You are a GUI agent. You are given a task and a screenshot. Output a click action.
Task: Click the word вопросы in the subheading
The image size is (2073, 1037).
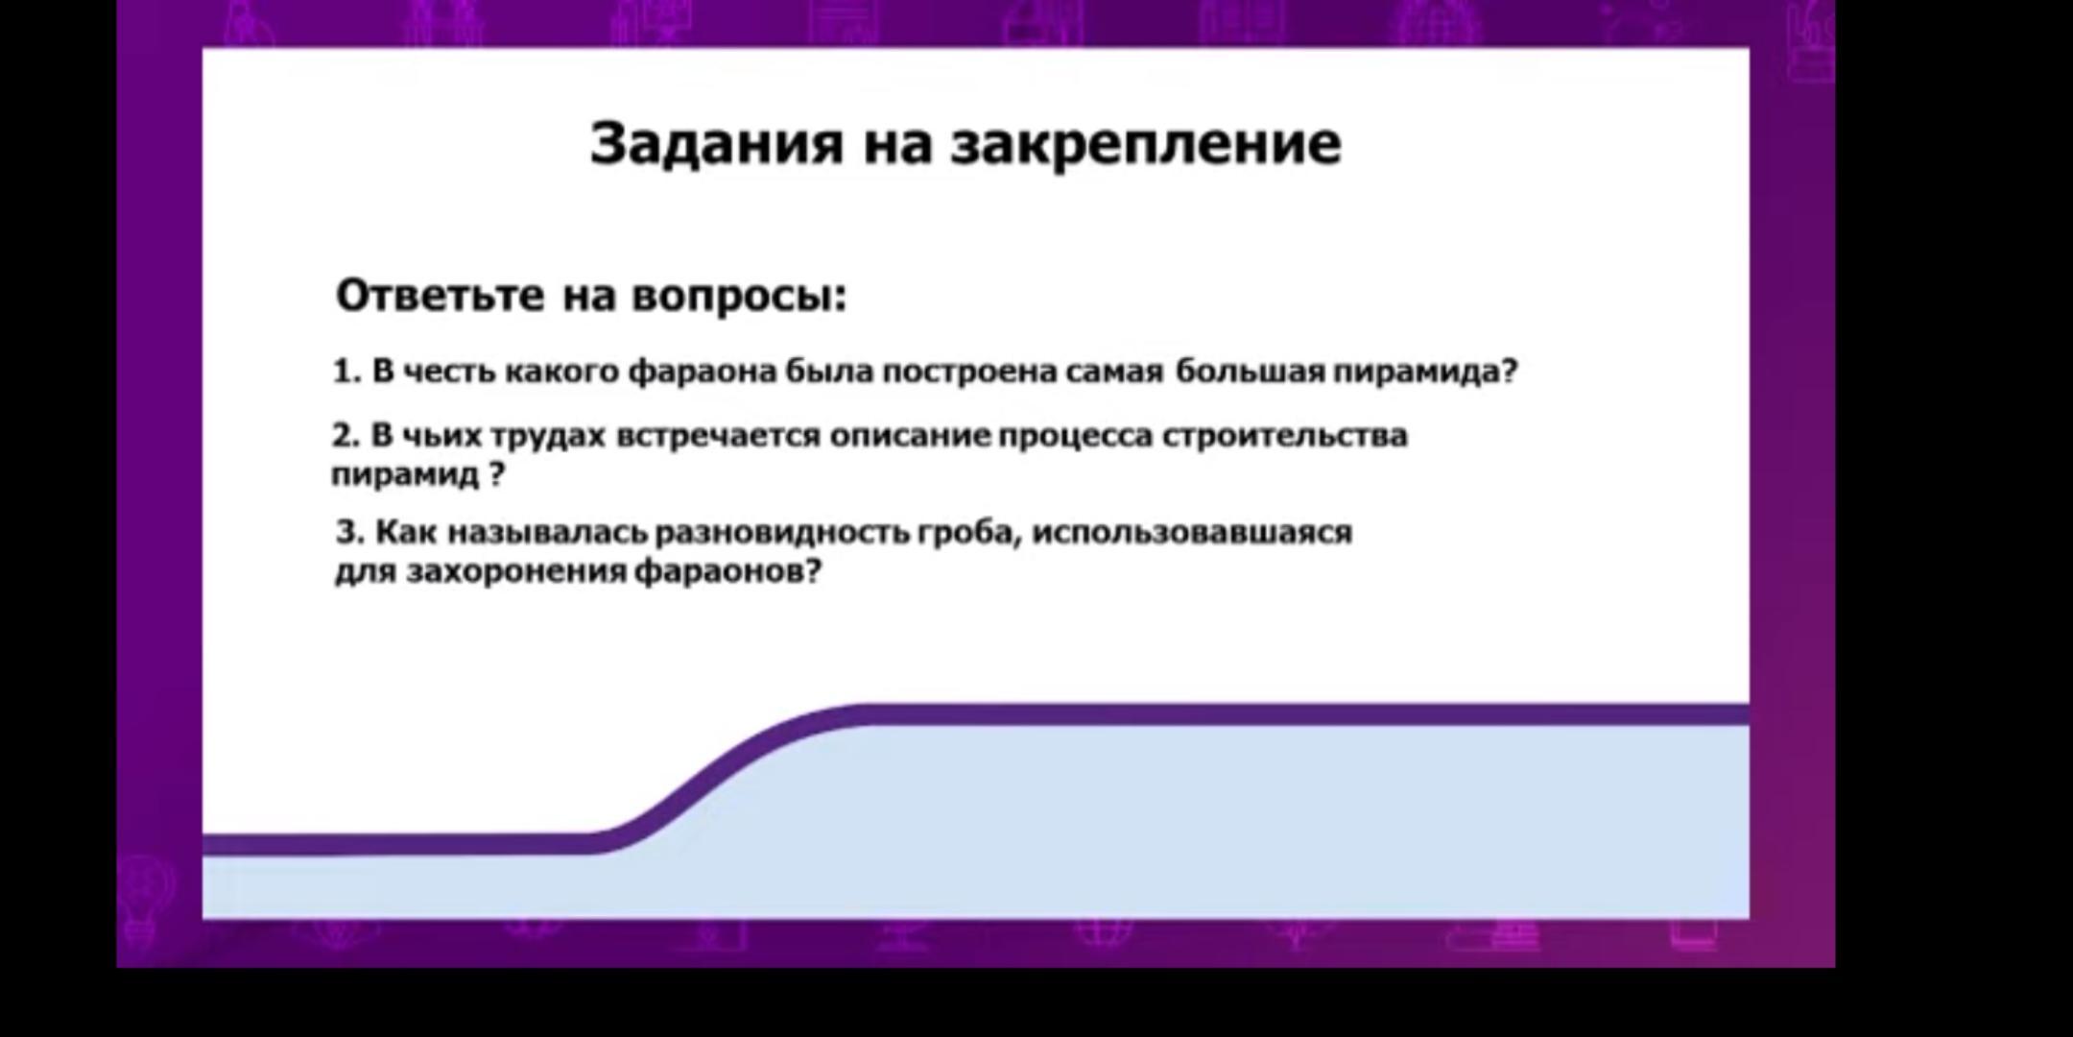click(x=737, y=296)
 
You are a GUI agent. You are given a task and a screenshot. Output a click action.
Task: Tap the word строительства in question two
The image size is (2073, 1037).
click(x=1285, y=437)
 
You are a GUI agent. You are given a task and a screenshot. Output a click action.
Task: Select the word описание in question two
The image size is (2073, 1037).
click(x=910, y=437)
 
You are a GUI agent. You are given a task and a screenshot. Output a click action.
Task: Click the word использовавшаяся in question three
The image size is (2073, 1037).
click(x=1192, y=532)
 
